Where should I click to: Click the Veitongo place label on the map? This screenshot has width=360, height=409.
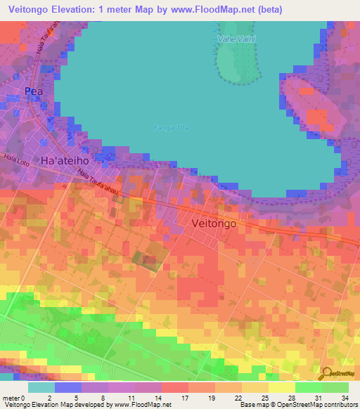click(x=218, y=222)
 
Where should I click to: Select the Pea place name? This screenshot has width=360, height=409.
click(x=33, y=91)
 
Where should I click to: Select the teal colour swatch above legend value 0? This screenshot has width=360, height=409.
click(x=41, y=387)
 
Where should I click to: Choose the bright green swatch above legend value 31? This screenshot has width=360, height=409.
click(x=308, y=387)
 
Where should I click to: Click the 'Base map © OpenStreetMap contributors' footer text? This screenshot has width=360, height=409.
click(x=297, y=405)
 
